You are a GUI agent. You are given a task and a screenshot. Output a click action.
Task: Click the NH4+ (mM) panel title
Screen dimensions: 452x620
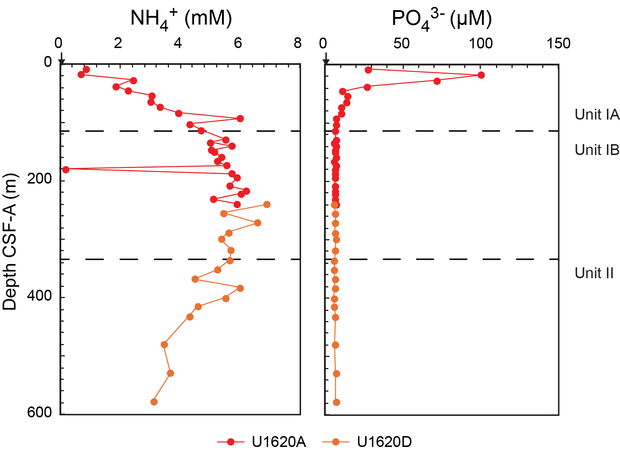[181, 18]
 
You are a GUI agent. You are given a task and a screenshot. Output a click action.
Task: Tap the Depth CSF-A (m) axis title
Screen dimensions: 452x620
[10, 241]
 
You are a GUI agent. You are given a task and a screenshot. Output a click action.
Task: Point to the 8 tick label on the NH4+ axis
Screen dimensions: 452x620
[298, 43]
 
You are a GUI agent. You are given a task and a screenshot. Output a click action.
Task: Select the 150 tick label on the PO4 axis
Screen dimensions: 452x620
[559, 44]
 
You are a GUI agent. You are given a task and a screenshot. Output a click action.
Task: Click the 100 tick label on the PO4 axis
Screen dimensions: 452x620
[481, 44]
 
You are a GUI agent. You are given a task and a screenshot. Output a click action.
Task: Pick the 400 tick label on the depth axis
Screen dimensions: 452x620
[39, 296]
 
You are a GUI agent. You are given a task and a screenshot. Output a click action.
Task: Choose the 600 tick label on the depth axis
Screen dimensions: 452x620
[39, 412]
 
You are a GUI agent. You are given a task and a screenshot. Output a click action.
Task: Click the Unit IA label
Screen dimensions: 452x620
[597, 115]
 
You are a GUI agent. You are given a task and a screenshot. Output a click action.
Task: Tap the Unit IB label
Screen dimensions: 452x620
[597, 150]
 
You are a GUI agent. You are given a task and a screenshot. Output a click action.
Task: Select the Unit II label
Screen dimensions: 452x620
[594, 273]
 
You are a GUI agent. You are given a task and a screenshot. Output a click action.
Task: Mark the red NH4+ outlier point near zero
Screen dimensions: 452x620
[65, 169]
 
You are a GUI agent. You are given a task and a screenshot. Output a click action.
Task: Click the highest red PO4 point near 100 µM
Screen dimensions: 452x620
[481, 75]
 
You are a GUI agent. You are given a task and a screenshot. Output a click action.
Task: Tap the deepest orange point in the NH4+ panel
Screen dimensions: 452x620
[154, 402]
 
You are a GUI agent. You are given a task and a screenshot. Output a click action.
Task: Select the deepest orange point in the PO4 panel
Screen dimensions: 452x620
[337, 403]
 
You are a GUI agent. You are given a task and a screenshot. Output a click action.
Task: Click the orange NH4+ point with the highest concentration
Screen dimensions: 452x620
[267, 205]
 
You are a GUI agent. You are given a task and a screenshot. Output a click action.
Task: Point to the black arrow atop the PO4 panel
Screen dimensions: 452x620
[326, 59]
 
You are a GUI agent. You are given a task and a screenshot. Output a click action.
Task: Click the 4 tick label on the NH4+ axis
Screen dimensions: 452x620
[178, 43]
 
